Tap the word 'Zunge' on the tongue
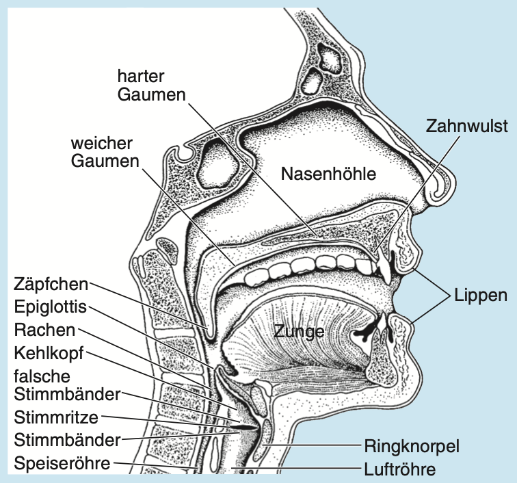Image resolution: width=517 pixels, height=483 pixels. pyautogui.click(x=298, y=332)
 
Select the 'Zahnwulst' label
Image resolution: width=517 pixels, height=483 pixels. pyautogui.click(x=466, y=127)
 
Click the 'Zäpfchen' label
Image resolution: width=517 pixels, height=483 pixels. pyautogui.click(x=51, y=283)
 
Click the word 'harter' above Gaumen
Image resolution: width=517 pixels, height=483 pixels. pyautogui.click(x=142, y=74)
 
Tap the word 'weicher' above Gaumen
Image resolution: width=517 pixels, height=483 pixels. pyautogui.click(x=103, y=145)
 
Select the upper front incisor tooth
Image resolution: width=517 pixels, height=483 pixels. pyautogui.click(x=385, y=267)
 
